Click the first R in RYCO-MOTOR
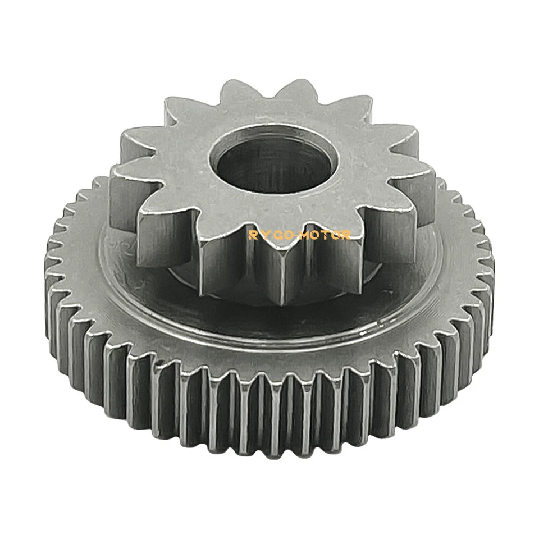252,235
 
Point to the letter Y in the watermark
263,235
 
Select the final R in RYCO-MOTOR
347,235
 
